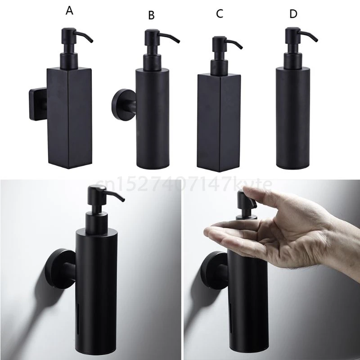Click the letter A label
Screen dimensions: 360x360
coord(69,11)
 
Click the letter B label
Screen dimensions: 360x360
coord(151,15)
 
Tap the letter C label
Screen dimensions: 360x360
coord(219,14)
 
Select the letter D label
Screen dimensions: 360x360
coord(293,14)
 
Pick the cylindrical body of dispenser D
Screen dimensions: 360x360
coord(293,118)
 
